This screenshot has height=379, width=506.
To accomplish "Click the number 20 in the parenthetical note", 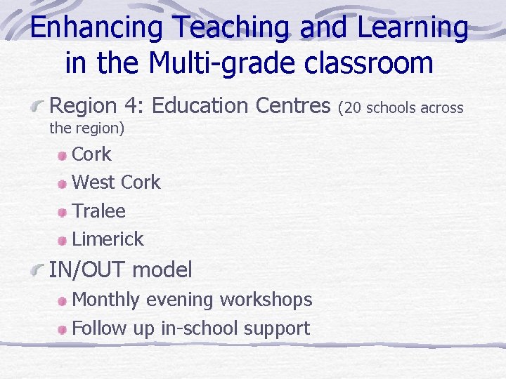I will tap(349, 107).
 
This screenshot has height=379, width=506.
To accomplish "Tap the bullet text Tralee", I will tap(98, 211).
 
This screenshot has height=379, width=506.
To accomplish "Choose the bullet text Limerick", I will tap(108, 239).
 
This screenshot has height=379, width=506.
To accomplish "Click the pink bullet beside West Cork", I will tap(63, 183).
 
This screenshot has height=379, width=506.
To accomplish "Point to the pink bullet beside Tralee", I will tap(63, 212).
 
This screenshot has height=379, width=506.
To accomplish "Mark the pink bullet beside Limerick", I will tap(63, 240).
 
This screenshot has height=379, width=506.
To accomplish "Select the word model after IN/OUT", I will tap(162, 269).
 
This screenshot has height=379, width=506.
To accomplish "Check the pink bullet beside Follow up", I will tap(63, 328).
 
